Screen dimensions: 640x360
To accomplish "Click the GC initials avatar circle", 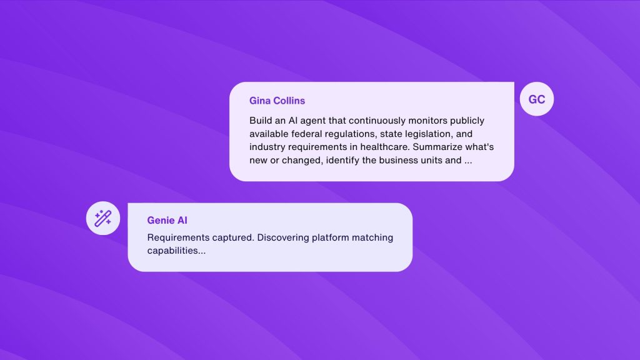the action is (x=537, y=99).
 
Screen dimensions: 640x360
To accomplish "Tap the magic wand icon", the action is (x=103, y=218).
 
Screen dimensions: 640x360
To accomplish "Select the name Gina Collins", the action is (x=277, y=101).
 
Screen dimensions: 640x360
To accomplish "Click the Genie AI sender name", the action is (x=167, y=221).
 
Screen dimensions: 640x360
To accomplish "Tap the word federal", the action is (x=306, y=134).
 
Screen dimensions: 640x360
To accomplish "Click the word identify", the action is (x=342, y=161).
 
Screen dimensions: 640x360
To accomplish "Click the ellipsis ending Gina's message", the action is (x=467, y=162).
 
